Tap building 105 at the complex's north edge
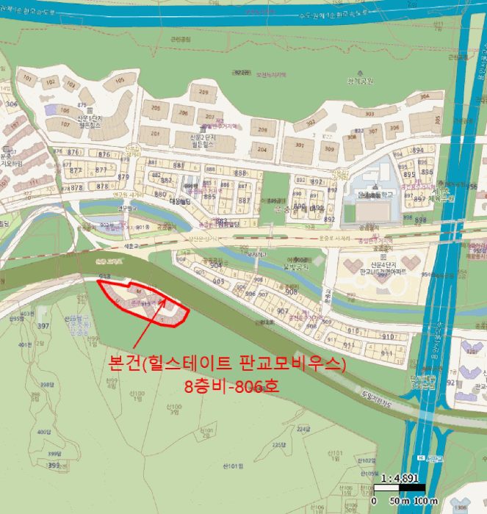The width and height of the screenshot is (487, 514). (119, 80)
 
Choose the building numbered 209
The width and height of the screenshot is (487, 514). (203, 93)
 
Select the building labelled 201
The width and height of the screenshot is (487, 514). (155, 134)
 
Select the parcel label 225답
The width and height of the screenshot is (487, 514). (278, 445)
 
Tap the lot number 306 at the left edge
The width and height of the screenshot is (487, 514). (10, 104)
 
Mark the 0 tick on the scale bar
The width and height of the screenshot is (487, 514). (374, 501)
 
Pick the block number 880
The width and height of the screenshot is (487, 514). (160, 194)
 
